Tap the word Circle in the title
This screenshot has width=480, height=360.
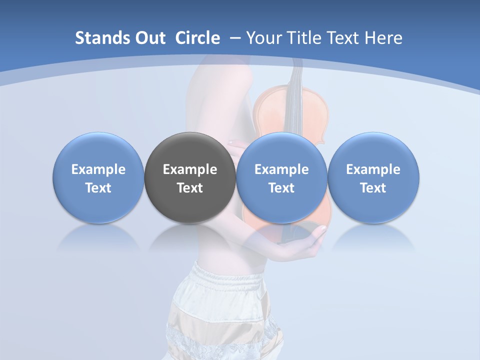tap(197, 38)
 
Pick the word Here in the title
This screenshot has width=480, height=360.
tap(383, 38)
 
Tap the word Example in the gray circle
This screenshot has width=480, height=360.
tap(190, 169)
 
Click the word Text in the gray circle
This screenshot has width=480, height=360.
tap(190, 188)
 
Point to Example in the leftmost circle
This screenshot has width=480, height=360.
tap(98, 169)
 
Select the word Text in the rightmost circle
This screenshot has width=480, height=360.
tap(373, 188)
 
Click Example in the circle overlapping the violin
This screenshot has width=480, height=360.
tap(281, 169)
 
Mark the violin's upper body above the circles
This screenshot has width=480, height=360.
tap(290, 112)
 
